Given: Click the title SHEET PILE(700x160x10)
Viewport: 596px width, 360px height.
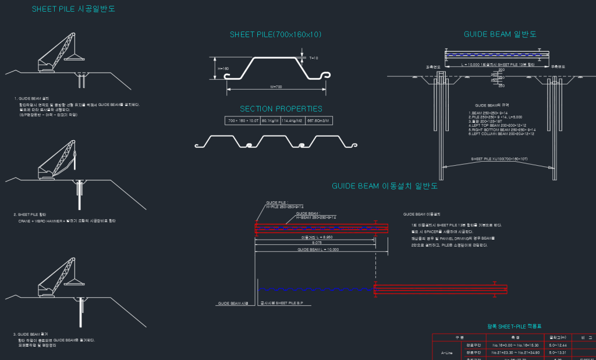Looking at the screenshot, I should (x=275, y=35).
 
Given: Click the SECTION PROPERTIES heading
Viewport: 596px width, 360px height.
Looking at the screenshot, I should (x=281, y=109).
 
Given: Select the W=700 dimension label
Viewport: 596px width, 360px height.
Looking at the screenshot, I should (x=276, y=87).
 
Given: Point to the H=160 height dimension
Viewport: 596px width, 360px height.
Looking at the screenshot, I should (x=223, y=69).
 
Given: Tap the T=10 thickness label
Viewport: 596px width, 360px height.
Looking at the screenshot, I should (x=314, y=58).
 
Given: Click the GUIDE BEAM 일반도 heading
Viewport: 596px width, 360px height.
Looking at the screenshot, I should (x=499, y=34).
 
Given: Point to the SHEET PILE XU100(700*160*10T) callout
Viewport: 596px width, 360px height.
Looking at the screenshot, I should (x=499, y=159).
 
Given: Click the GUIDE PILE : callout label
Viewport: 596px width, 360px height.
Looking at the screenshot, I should (x=277, y=203).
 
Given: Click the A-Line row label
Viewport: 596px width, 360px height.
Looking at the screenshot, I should (x=447, y=352).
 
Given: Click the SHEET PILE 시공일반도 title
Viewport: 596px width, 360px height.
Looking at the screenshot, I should (x=73, y=9).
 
